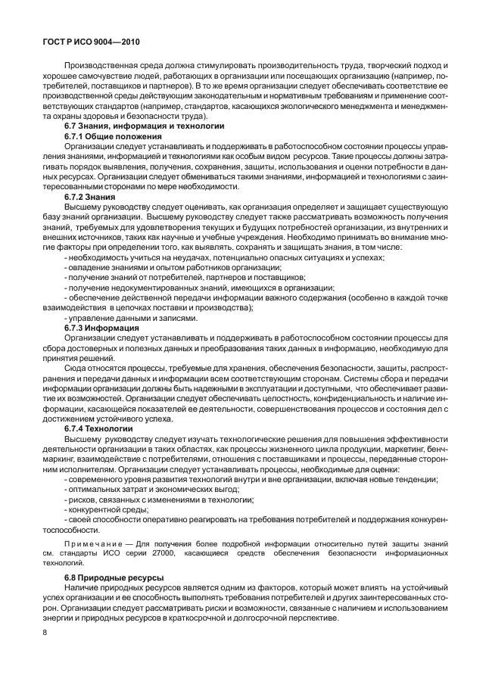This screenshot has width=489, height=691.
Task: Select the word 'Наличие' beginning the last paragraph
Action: coord(81,588)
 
